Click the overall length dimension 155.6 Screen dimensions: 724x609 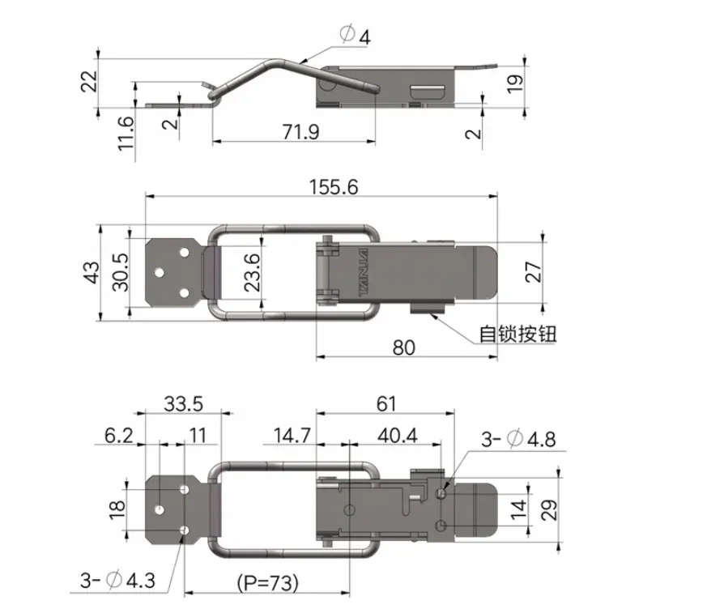pyautogui.click(x=334, y=187)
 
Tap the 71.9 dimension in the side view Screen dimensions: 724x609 pyautogui.click(x=300, y=132)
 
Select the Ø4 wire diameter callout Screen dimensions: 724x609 pyautogui.click(x=355, y=36)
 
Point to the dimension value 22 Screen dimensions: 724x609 pyautogui.click(x=89, y=82)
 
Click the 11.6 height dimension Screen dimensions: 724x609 pyautogui.click(x=126, y=134)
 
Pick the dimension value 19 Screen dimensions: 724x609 pyautogui.click(x=515, y=83)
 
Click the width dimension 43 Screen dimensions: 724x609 pyautogui.click(x=92, y=272)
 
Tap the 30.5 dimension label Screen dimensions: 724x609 pyautogui.click(x=121, y=272)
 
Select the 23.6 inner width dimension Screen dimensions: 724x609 pyautogui.click(x=252, y=272)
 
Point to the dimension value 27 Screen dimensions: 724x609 pyautogui.click(x=534, y=272)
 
